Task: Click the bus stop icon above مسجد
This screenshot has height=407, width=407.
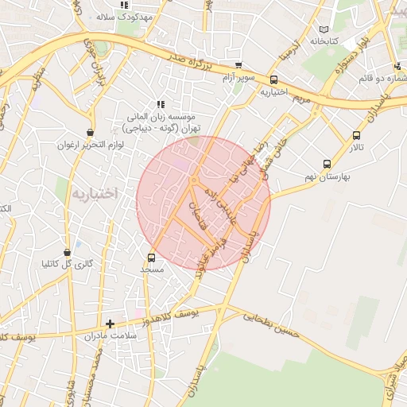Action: (152, 258)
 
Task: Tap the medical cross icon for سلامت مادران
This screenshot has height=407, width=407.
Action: (110, 324)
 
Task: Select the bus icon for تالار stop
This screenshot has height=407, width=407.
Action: (355, 135)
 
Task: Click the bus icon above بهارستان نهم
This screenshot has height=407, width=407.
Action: (327, 163)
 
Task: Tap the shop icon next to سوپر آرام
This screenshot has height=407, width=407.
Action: (238, 66)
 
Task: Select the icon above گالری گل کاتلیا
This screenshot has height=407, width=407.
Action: (67, 251)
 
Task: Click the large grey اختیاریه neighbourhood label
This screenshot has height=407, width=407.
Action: (94, 193)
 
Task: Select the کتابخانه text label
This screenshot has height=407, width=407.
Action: (324, 40)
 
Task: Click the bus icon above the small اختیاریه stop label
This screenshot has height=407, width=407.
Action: (274, 79)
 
